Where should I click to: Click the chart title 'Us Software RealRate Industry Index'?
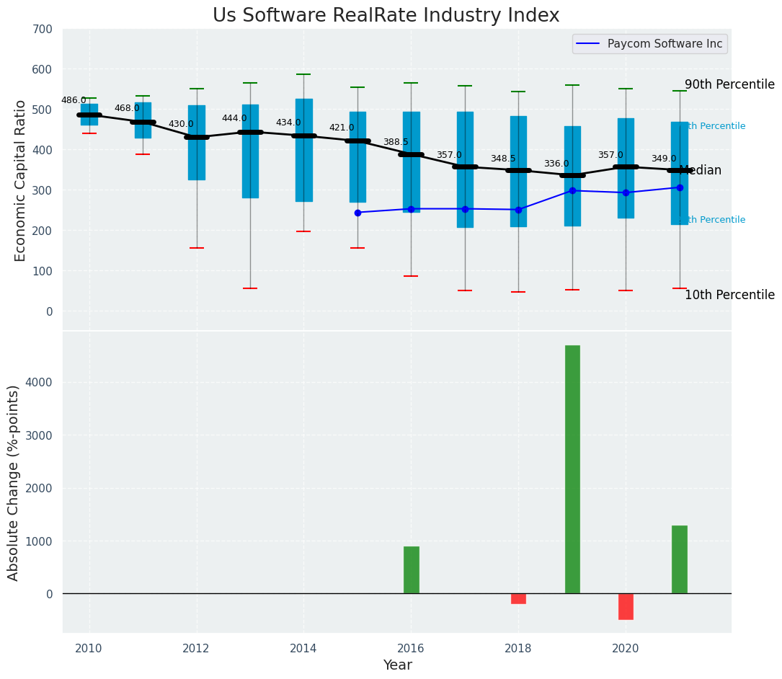pos(386,16)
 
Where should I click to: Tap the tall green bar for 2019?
pos(572,469)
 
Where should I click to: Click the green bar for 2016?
pos(411,569)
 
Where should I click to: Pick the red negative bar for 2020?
pos(626,606)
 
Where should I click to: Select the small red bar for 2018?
pos(518,598)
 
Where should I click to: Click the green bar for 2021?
pos(679,559)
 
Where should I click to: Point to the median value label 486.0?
pos(74,100)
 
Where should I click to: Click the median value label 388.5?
pos(396,143)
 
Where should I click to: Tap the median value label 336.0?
pos(556,164)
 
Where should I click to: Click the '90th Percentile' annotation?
pos(729,84)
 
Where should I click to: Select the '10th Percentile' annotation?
pos(729,295)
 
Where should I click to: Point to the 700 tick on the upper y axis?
pos(43,29)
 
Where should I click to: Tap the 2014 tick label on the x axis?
pos(303,648)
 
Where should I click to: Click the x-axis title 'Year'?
pos(397,665)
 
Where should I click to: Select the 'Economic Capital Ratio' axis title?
pos(20,180)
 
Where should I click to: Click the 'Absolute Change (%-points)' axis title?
pos(14,482)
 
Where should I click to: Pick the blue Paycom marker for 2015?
pos(357,213)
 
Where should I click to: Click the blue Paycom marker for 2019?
pos(572,190)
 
